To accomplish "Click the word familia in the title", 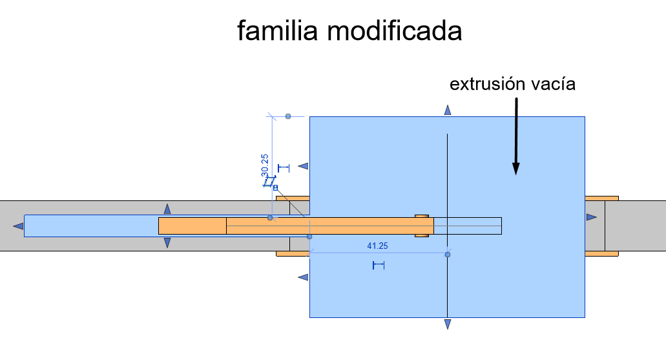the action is coord(277,30).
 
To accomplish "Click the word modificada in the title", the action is coord(395,30).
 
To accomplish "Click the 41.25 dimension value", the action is coord(378,246).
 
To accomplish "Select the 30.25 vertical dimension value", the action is coord(265,165).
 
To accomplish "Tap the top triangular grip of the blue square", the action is coord(447,111).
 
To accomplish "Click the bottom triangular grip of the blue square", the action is coord(447,324).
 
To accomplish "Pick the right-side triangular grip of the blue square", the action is coord(592,217).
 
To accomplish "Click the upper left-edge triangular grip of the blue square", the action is coord(303,165).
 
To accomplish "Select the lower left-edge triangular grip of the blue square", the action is coord(303,277).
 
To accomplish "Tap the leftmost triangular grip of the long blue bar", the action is coord(18,226).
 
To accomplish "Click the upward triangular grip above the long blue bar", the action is coord(167,209).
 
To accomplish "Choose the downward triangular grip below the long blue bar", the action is coord(167,242).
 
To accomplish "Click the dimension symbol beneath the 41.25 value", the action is coord(379,265).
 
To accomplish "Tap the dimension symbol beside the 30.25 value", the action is coord(284,168).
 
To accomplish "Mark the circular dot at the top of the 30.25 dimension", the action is coord(288,116).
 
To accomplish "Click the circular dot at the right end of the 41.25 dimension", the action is coord(448,255).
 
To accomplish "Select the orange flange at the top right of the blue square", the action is coord(601,198).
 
